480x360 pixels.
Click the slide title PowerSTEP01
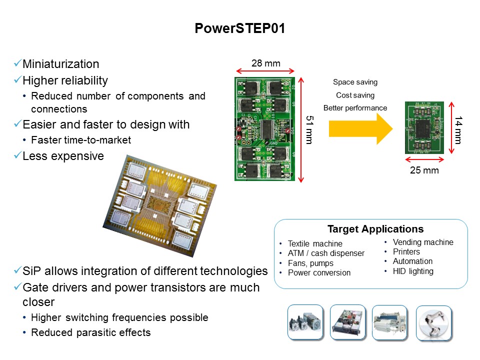(240, 29)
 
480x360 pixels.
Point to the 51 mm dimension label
(308, 129)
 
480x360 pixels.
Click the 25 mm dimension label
(424, 170)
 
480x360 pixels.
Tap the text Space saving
(355, 82)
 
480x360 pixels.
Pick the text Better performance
(355, 108)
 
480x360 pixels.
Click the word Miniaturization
(61, 64)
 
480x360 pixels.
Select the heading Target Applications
(375, 229)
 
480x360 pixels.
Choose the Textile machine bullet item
(315, 243)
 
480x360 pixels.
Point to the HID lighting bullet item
(413, 271)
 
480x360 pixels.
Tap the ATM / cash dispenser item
(326, 253)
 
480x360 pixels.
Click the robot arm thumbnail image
(433, 323)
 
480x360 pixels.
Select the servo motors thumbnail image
(306, 323)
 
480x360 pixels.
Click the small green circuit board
(424, 128)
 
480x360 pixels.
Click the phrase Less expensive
(63, 156)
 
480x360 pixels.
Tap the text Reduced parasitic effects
(90, 332)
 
